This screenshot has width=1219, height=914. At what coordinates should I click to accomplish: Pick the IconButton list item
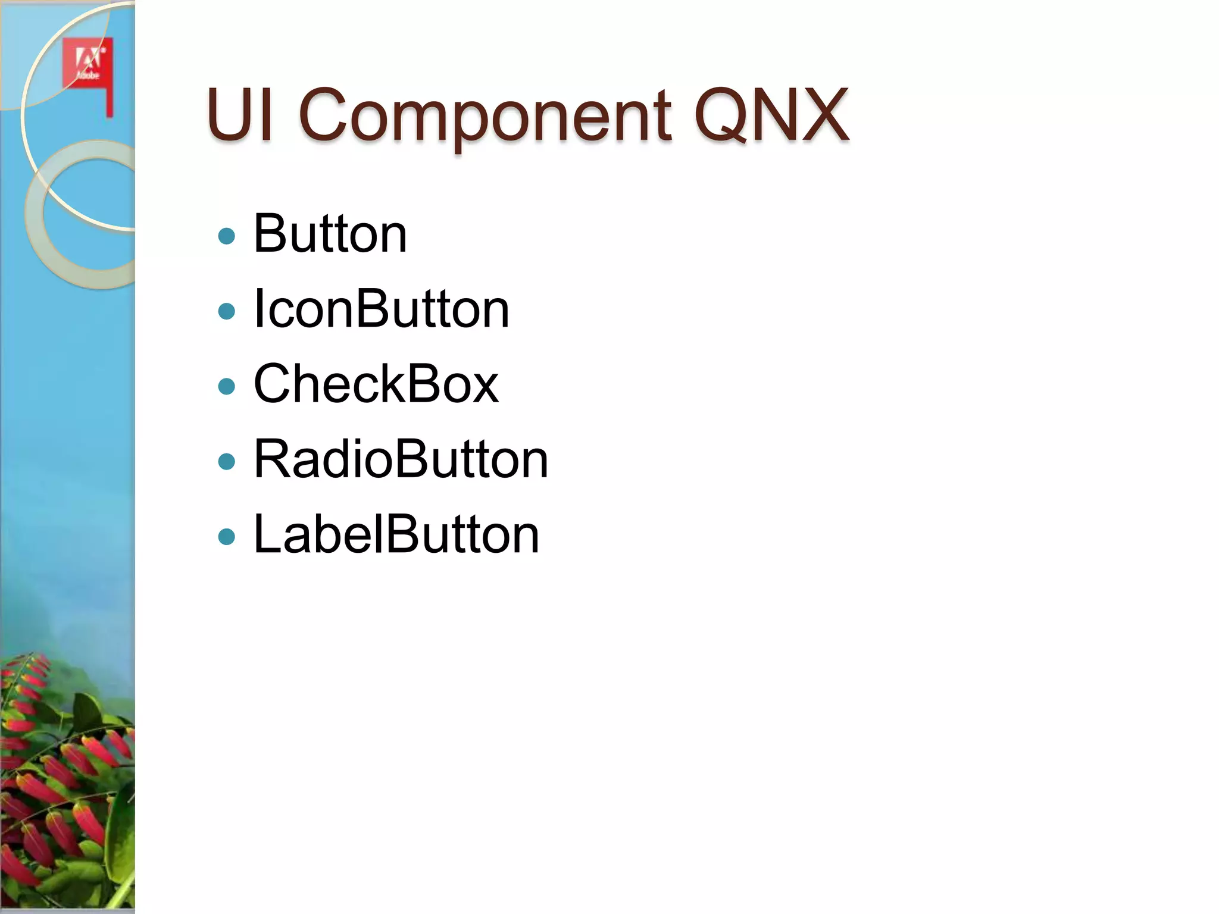(381, 309)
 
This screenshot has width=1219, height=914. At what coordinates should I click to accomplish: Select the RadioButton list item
(401, 459)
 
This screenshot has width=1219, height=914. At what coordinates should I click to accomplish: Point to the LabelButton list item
(396, 534)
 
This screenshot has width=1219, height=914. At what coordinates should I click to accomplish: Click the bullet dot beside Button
(227, 236)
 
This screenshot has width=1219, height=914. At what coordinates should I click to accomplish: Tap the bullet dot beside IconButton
(227, 311)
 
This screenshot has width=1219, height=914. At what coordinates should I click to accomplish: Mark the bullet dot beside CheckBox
(227, 387)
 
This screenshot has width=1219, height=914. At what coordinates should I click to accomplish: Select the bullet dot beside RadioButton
(227, 462)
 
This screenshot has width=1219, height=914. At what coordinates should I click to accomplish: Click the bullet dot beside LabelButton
(227, 537)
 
